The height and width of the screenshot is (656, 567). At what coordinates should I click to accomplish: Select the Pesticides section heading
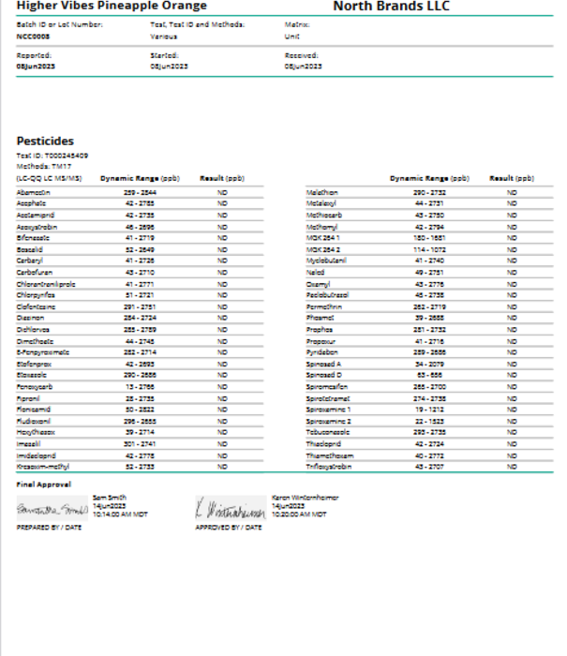[45, 142]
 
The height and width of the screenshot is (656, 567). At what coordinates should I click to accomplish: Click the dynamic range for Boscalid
[140, 251]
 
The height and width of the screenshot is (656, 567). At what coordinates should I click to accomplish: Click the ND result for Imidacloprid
[222, 455]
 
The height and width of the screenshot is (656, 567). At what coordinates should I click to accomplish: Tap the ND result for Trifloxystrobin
[512, 466]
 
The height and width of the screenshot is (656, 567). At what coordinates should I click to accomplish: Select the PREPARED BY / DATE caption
[48, 528]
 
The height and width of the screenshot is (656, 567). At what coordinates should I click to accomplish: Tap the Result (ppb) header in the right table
[512, 177]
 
